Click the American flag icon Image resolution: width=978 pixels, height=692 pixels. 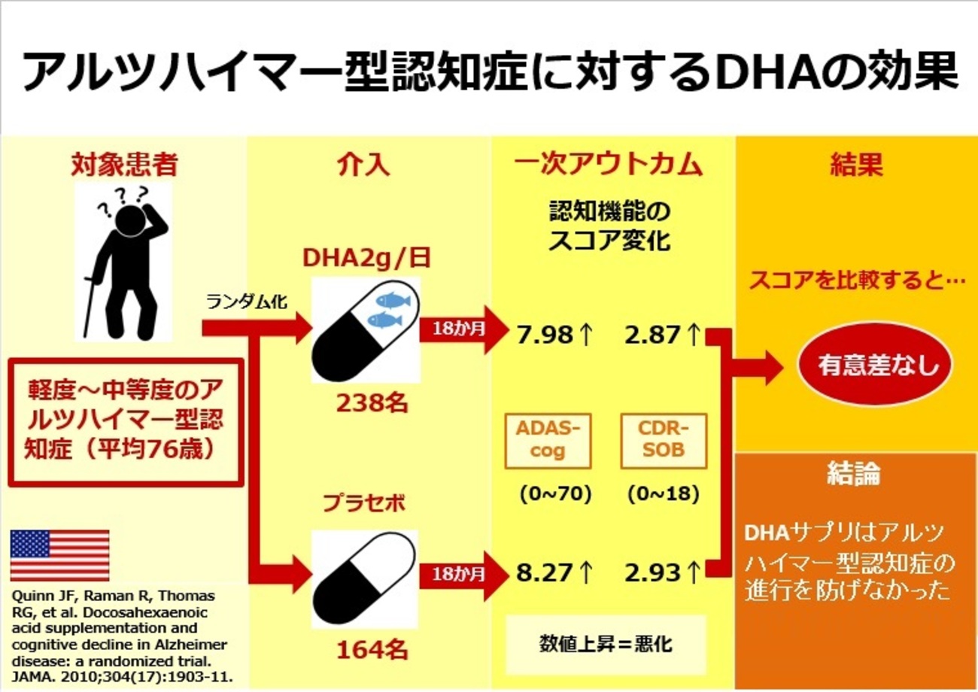59,555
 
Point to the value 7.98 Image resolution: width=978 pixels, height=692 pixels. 544,335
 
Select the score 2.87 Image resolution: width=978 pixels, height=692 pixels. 652,335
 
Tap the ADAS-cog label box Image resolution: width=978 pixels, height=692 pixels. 543,439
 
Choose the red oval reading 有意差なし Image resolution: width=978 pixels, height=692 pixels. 874,368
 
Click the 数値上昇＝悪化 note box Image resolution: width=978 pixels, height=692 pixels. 606,644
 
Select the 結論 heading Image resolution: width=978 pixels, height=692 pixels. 853,474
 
